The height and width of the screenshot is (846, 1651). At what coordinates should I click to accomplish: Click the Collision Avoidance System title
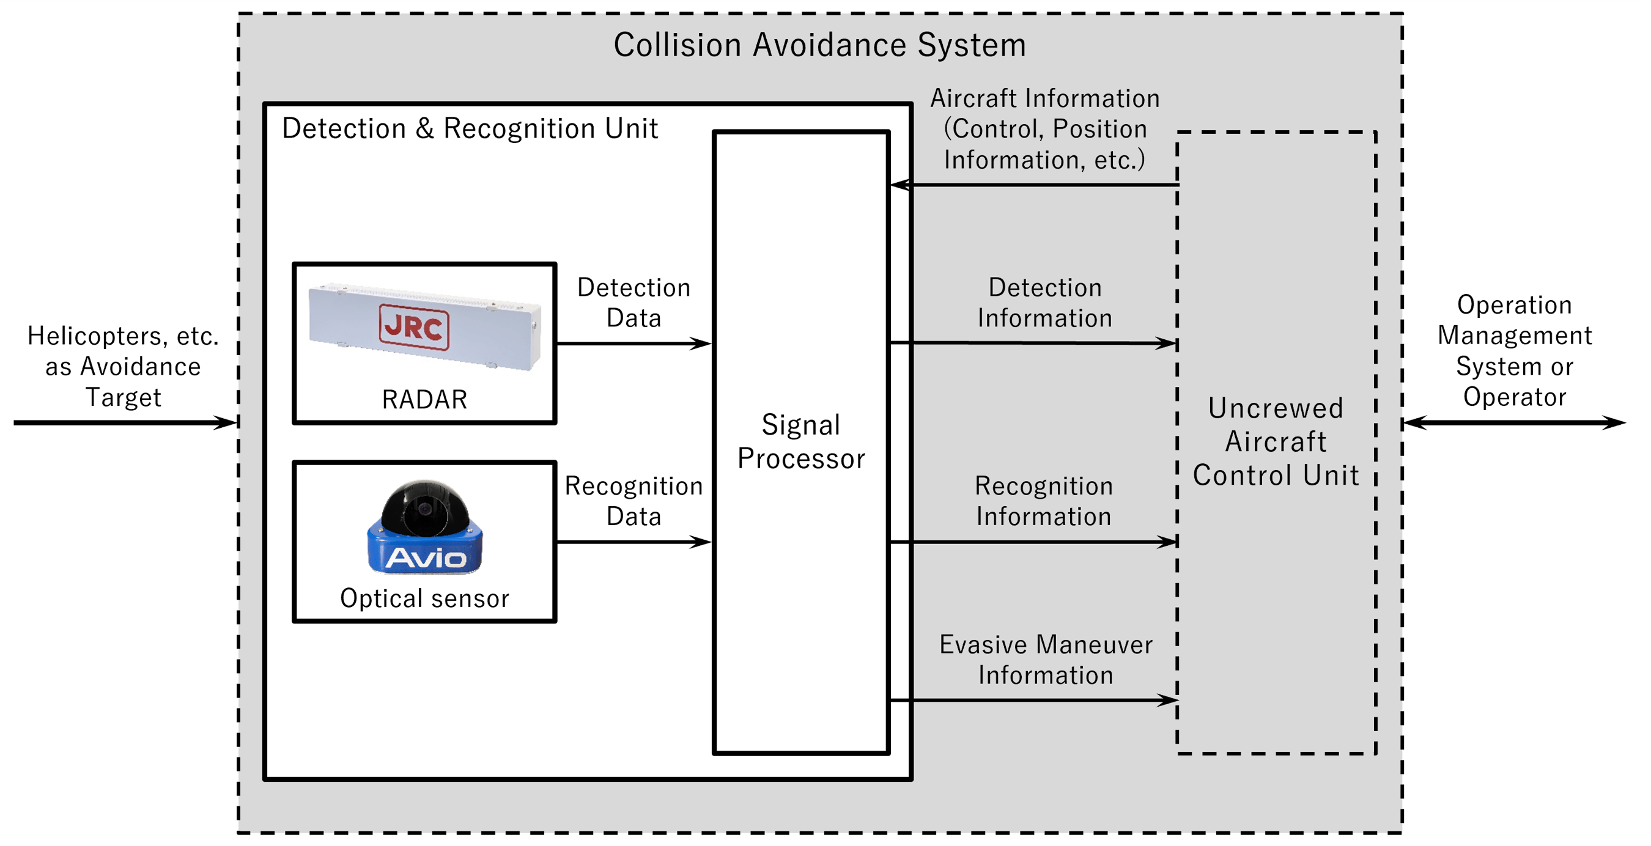click(x=819, y=45)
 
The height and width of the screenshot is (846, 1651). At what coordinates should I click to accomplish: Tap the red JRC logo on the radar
click(x=413, y=328)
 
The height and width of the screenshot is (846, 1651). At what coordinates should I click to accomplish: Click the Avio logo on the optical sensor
click(x=426, y=557)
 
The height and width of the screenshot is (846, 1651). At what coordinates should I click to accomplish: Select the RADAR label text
click(x=424, y=399)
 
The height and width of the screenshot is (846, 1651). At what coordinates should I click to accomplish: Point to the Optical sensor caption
click(x=424, y=598)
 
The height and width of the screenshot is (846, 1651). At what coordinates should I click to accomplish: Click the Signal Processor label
click(x=800, y=441)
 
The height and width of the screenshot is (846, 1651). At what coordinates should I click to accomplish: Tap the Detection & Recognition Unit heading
click(x=470, y=128)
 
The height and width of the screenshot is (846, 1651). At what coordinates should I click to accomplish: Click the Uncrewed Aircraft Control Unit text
click(x=1276, y=441)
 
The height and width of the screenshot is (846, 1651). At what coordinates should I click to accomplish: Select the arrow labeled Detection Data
click(x=633, y=344)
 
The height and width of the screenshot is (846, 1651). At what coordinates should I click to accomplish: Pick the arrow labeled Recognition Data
click(x=633, y=542)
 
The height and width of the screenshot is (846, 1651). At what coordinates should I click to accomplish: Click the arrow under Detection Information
click(x=1032, y=343)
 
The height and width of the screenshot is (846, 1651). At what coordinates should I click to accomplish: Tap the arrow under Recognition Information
click(x=1032, y=542)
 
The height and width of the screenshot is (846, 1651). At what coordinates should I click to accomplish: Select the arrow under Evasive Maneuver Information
click(x=1032, y=700)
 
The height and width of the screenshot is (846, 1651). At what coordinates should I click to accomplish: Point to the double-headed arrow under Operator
click(x=1514, y=422)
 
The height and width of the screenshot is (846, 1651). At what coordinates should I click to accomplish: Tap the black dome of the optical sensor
click(x=425, y=506)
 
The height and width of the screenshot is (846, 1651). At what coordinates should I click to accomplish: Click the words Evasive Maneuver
click(x=1046, y=645)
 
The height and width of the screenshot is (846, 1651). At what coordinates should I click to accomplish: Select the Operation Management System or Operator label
click(x=1514, y=351)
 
